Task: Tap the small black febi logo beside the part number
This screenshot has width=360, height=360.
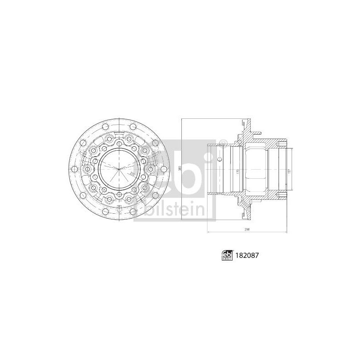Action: coord(226,255)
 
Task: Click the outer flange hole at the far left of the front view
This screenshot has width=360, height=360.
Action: coord(72,169)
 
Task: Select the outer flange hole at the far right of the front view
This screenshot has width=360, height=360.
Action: coord(170,169)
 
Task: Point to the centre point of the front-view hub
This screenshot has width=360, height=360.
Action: coord(121,169)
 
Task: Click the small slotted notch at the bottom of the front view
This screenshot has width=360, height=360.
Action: coord(118,207)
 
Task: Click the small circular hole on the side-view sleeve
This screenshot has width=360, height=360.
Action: coord(219,159)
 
